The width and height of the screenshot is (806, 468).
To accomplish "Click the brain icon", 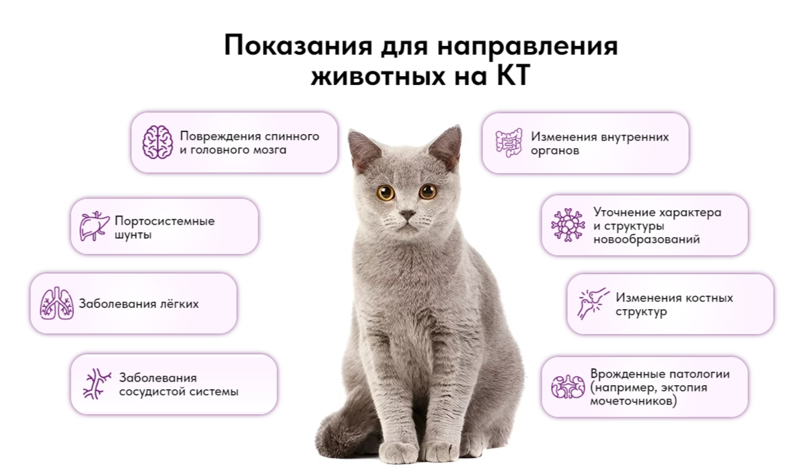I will (158, 142).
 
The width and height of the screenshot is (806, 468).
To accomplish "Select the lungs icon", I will (57, 304).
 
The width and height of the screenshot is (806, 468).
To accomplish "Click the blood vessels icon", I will (97, 384).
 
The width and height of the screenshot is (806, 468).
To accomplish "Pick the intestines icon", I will (509, 142).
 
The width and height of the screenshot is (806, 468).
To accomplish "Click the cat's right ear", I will (447, 145).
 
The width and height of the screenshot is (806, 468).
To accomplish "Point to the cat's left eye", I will (386, 193).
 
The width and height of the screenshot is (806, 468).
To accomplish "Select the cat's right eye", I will (428, 191).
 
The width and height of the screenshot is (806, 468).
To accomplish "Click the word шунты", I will (133, 235).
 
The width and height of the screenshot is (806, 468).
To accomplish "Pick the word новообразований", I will (647, 239).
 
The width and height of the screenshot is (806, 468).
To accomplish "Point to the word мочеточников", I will (632, 401).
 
